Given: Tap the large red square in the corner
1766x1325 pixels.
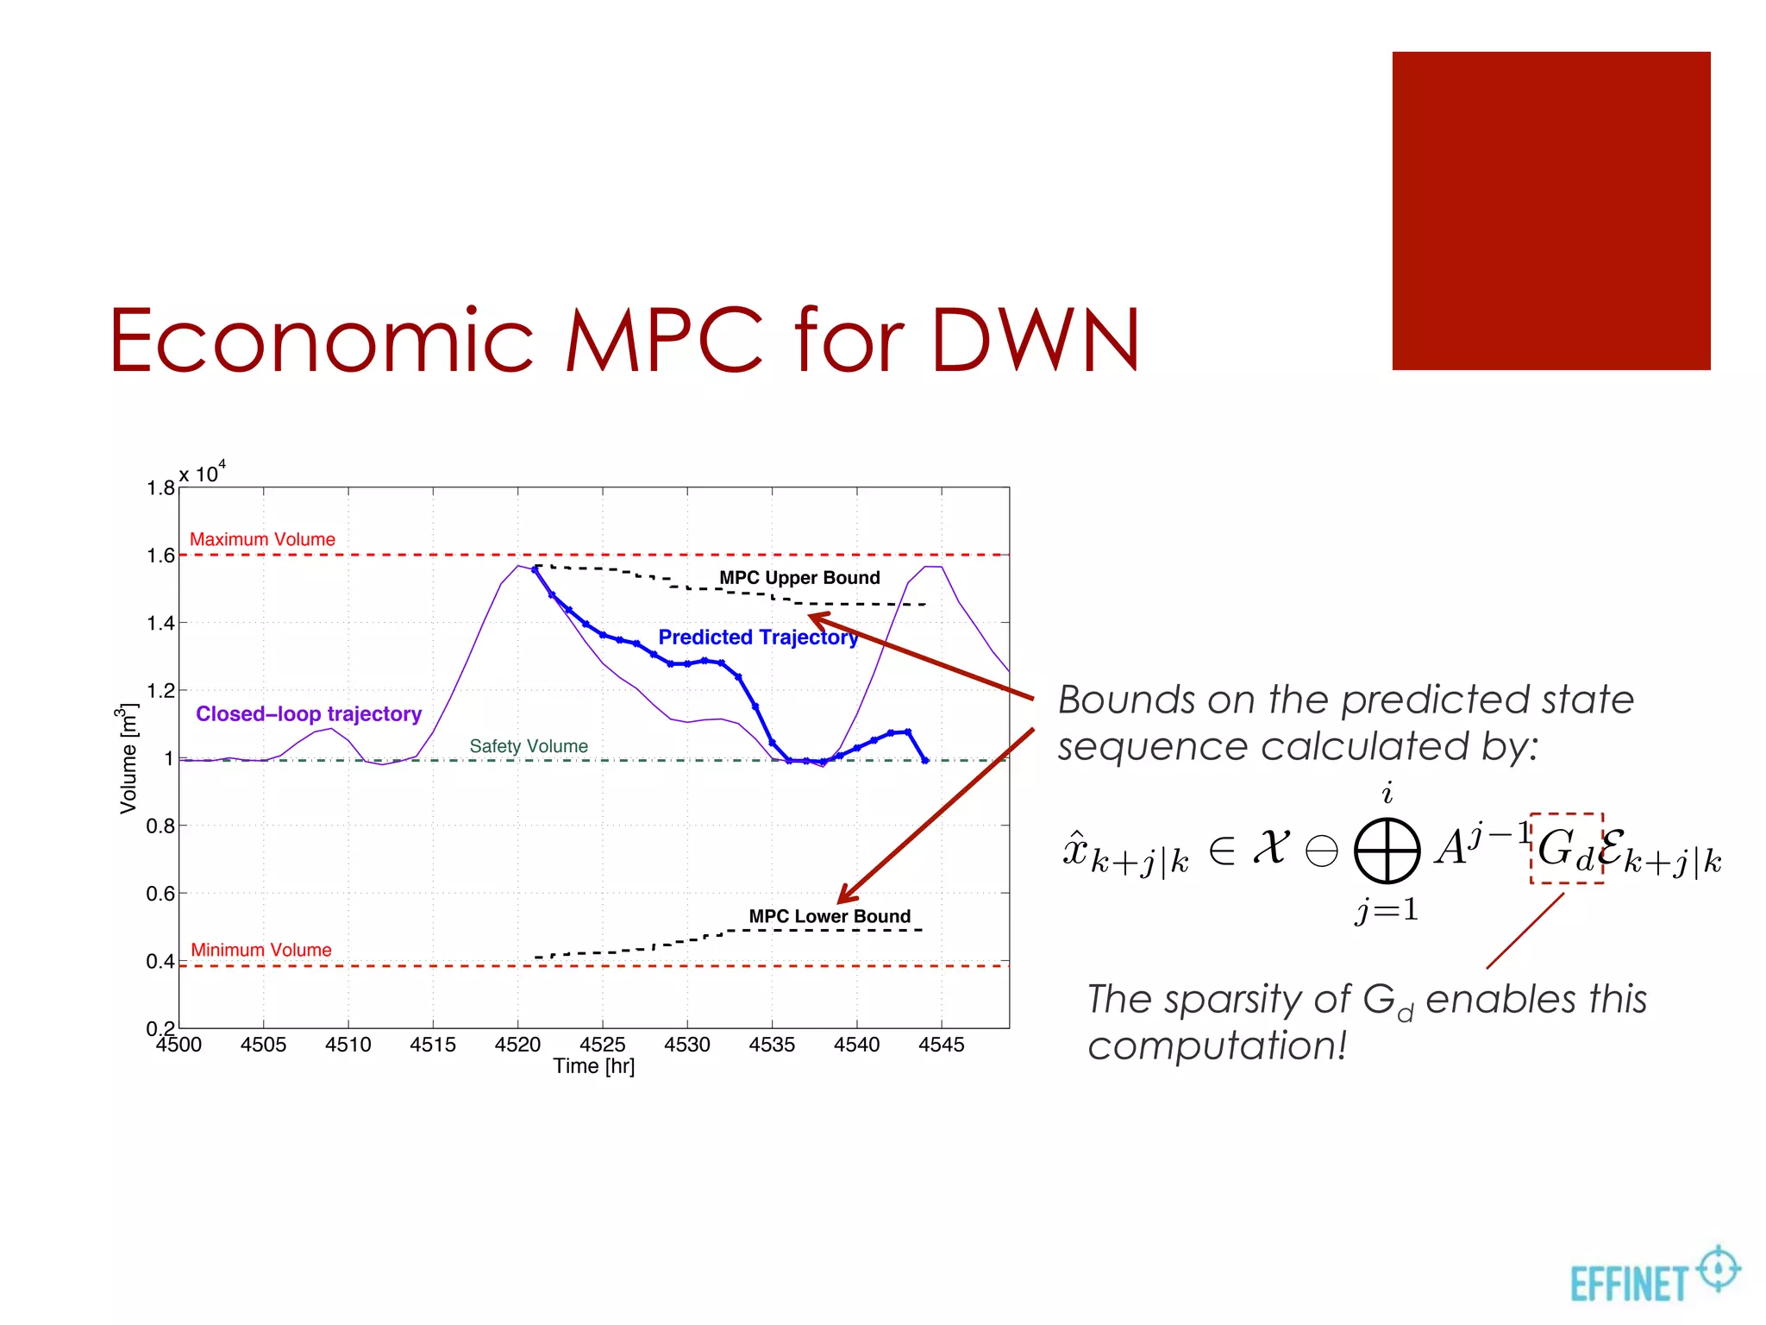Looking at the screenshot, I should click(x=1550, y=210).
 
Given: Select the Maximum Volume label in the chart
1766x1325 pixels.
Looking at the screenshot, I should click(x=262, y=539).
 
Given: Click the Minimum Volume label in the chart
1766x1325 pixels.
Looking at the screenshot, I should click(x=261, y=950).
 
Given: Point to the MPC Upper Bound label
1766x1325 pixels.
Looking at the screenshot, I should click(x=799, y=578).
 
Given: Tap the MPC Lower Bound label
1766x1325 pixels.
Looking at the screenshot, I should click(x=830, y=916).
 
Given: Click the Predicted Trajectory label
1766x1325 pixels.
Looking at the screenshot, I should click(x=758, y=637).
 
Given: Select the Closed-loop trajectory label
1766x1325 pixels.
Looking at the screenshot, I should click(x=309, y=714).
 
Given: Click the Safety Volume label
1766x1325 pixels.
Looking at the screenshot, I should click(x=529, y=746).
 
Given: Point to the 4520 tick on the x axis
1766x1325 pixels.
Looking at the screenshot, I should click(x=517, y=1045).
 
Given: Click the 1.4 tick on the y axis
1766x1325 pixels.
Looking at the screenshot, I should click(x=161, y=623).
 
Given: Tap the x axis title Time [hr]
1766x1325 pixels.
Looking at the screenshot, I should click(x=594, y=1066).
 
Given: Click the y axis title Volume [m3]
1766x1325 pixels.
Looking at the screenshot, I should click(x=128, y=758).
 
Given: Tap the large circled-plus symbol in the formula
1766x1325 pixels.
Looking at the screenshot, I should click(x=1387, y=851).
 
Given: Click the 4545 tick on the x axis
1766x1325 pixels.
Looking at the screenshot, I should click(x=941, y=1045).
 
